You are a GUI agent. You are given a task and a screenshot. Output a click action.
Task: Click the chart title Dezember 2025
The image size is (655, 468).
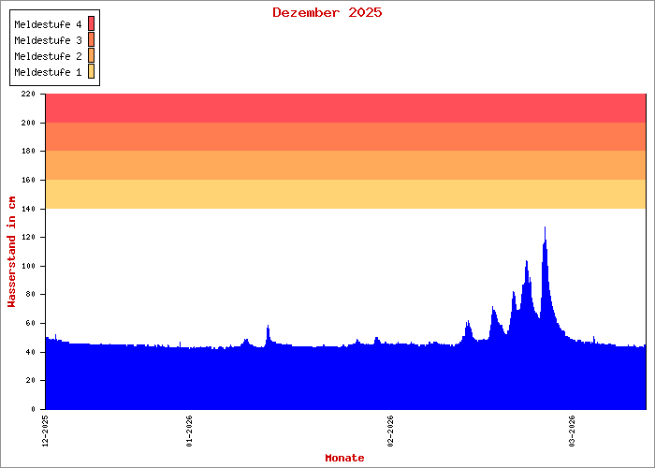coord(327,12)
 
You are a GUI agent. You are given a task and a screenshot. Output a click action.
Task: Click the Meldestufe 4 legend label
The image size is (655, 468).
coord(49,23)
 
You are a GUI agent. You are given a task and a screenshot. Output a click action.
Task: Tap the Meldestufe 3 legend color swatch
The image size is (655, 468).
coord(92,39)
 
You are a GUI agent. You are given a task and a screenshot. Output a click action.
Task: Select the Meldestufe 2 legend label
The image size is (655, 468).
coord(49,56)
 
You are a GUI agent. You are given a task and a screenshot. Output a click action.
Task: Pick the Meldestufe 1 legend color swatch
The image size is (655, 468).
coord(92,72)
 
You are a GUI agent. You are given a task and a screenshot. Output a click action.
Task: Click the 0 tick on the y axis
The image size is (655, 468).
coord(33,409)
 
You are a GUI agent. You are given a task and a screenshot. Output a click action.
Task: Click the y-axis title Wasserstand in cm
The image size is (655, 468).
coord(11,251)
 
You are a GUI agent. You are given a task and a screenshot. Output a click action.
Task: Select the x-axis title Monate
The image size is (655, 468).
coord(344,458)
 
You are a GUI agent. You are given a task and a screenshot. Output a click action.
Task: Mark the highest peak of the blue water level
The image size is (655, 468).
coord(545,227)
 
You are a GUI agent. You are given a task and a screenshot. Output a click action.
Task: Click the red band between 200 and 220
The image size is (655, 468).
coord(345,109)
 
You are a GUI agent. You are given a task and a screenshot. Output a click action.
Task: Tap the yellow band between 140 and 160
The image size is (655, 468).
coord(345,194)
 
